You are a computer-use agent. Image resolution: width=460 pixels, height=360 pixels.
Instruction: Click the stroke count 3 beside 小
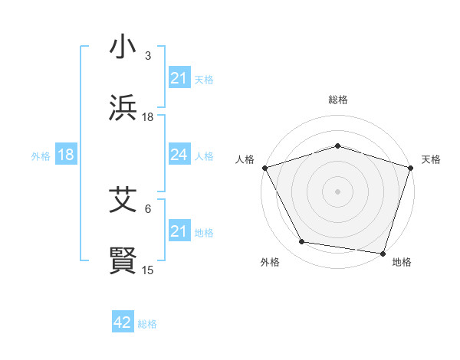point(147,56)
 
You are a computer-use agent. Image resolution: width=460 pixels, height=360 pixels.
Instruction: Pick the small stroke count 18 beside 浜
point(148,117)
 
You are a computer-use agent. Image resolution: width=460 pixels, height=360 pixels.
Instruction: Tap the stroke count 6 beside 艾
point(147,208)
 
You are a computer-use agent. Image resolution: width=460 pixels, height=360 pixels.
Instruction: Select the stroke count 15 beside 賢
point(148,270)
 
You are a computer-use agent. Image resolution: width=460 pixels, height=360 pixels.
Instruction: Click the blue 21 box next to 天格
point(179,78)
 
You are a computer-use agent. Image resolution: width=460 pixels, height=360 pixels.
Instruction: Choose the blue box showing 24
point(179,155)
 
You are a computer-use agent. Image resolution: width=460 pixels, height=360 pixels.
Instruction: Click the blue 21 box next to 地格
point(179,231)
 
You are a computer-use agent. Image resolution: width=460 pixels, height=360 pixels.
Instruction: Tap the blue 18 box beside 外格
point(65,155)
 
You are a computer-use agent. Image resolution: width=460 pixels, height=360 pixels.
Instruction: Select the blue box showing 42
point(122,322)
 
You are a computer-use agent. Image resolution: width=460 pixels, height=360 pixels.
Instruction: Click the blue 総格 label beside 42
point(147,323)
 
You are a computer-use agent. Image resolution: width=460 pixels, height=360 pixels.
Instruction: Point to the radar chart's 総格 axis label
point(337,100)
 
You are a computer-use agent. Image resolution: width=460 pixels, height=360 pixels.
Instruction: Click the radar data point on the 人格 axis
point(264,167)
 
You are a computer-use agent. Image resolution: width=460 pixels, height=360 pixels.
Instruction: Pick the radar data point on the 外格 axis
point(303,242)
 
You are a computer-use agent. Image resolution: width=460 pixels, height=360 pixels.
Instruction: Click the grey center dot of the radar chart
point(337,191)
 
